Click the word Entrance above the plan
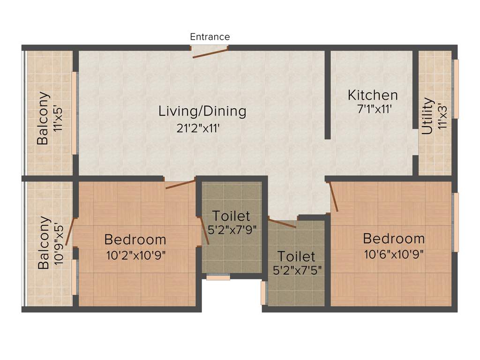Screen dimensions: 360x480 tap(210, 37)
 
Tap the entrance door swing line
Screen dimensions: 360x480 tap(210, 52)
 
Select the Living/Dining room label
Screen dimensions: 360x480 tap(202, 111)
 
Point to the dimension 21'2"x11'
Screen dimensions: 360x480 tap(198, 128)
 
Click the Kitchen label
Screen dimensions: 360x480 tap(373, 95)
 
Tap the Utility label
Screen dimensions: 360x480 tap(427, 116)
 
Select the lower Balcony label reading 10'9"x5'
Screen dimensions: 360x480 tap(44, 242)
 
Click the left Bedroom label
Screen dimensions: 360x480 tap(135, 240)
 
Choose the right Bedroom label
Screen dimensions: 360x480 tap(394, 239)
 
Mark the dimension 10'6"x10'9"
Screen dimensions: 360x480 tap(394, 254)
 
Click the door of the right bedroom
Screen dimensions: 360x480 tap(334, 197)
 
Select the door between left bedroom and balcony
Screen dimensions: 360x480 tap(69, 232)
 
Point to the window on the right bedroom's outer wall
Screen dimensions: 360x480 tap(456, 222)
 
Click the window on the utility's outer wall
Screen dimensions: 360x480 tap(456, 89)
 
